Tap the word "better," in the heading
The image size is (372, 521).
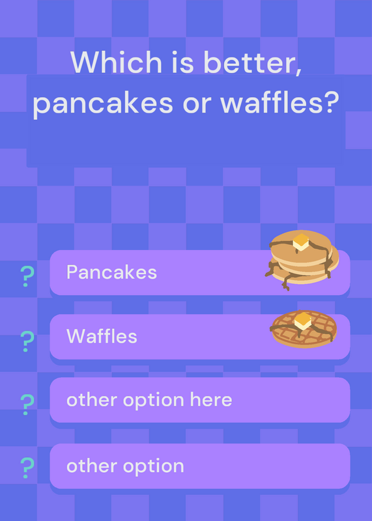252,63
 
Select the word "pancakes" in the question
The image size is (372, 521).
103,103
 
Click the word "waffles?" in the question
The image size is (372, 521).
279,102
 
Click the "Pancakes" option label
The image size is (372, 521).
111,272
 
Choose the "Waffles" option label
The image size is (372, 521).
102,336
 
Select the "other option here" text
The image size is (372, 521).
149,400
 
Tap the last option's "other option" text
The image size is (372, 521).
125,466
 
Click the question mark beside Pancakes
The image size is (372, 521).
27,276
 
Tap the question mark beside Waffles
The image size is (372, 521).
27,341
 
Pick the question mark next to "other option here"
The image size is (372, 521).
27,404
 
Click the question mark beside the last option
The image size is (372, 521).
27,468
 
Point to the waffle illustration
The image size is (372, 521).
303,329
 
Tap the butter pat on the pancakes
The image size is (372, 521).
301,242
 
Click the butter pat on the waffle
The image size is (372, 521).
302,320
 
